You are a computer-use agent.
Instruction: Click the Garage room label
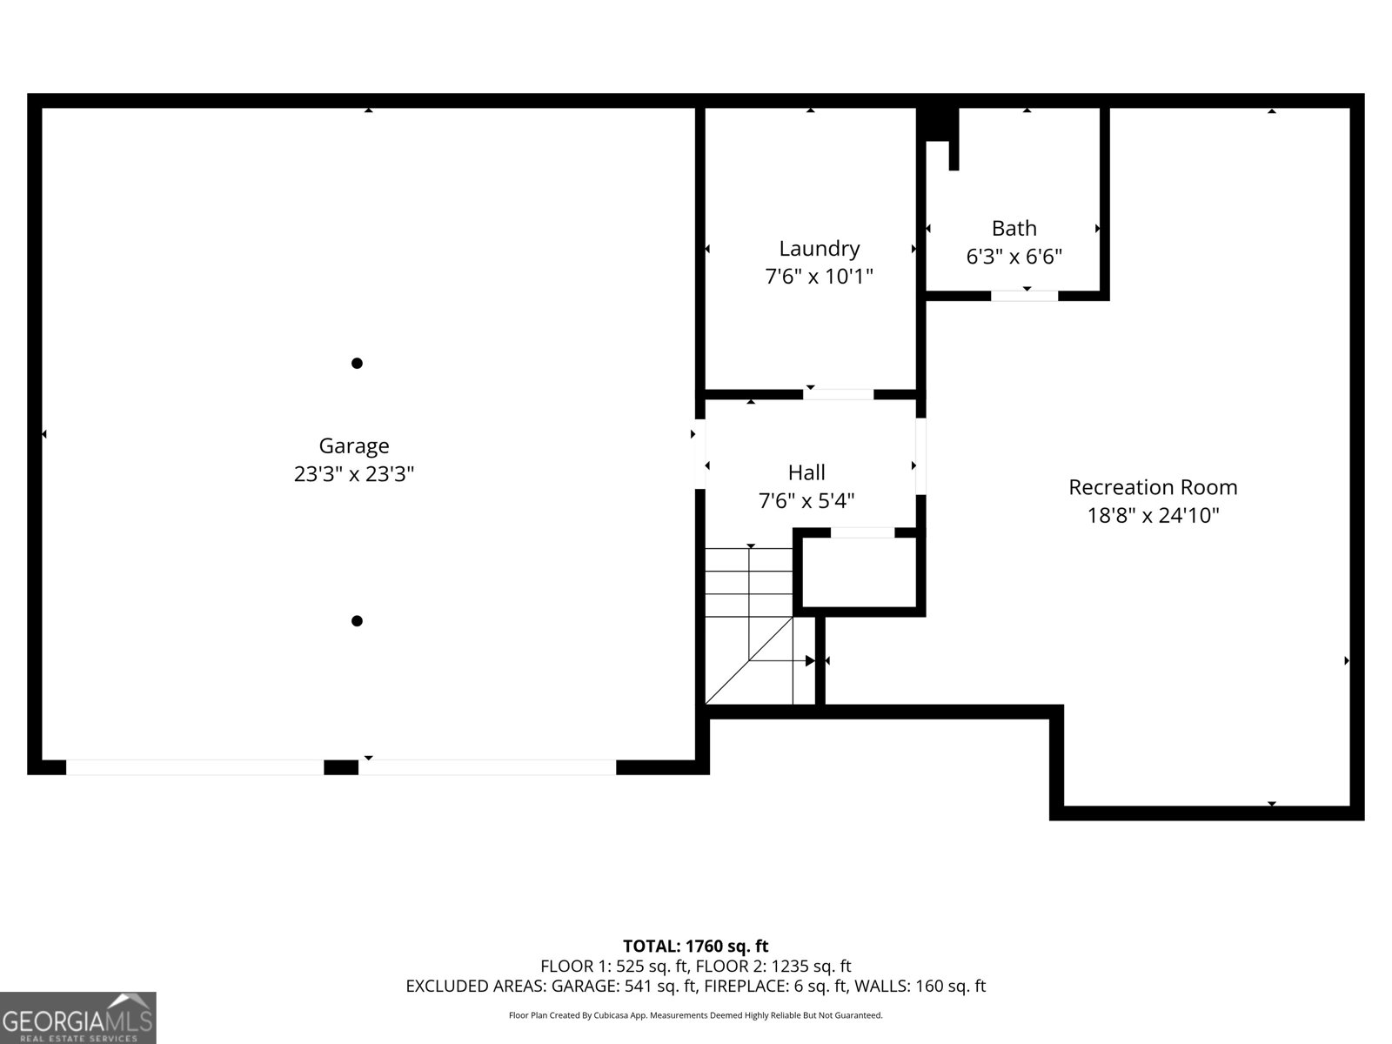coord(353,445)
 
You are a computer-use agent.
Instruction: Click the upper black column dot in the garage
coord(357,363)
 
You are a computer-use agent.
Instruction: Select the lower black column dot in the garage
coord(357,620)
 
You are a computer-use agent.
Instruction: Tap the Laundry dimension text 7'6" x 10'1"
coord(819,277)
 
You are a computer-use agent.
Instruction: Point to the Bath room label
coord(1014,228)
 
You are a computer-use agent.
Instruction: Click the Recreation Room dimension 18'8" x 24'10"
coord(1153,515)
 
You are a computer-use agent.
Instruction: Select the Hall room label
coord(806,472)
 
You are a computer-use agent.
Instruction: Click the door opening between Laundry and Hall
coord(838,394)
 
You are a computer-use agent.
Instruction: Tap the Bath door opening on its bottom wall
coord(1024,296)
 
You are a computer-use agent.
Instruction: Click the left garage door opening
coord(195,767)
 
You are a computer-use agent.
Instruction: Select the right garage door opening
coord(487,767)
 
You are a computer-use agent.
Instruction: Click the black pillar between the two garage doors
coord(341,767)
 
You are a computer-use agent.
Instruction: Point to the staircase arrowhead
coord(809,661)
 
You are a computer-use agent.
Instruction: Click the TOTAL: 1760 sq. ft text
coord(695,946)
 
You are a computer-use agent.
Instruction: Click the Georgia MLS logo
coord(77,1018)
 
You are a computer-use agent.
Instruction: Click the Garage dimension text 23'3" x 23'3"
coord(353,474)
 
